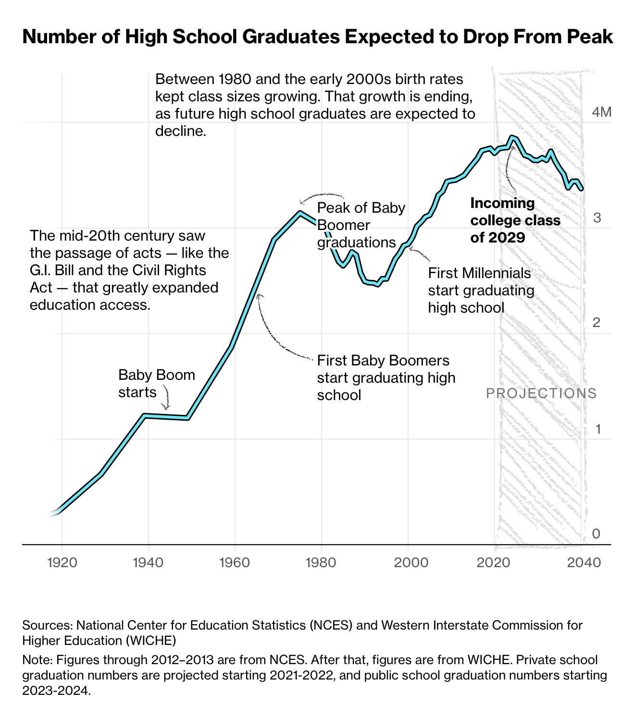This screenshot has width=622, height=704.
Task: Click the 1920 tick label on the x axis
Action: pyautogui.click(x=62, y=562)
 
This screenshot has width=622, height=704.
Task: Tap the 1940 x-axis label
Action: pyautogui.click(x=149, y=562)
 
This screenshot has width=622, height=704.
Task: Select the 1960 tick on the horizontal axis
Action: pyautogui.click(x=235, y=562)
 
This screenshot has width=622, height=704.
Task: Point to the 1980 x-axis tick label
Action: pyautogui.click(x=322, y=562)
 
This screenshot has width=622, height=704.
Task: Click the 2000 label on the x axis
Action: pyautogui.click(x=408, y=562)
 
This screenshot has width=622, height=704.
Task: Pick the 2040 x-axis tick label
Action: pyautogui.click(x=581, y=562)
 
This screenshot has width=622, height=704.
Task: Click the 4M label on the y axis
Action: pyautogui.click(x=601, y=112)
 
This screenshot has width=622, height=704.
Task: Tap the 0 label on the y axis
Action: pyautogui.click(x=596, y=534)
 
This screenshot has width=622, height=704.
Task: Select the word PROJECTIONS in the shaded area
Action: pyautogui.click(x=541, y=393)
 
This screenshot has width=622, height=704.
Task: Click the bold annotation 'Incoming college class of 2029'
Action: pyautogui.click(x=515, y=220)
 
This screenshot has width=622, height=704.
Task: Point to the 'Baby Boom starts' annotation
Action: pyautogui.click(x=156, y=383)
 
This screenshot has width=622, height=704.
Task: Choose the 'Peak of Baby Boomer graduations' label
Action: pyautogui.click(x=361, y=225)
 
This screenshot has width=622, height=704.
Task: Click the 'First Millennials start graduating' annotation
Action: pyautogui.click(x=481, y=290)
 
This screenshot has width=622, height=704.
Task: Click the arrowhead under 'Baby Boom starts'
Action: pyautogui.click(x=166, y=408)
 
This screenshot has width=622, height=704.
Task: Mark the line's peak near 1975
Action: pyautogui.click(x=300, y=212)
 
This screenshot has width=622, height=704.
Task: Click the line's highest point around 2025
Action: pyautogui.click(x=512, y=137)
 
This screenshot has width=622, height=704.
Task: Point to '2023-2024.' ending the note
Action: pyautogui.click(x=56, y=691)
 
